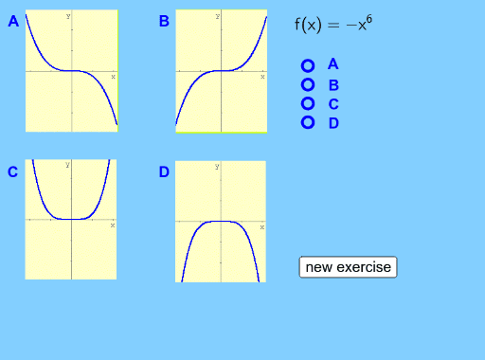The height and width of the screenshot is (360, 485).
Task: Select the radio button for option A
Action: click(307, 65)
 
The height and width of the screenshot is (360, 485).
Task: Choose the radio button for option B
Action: click(307, 84)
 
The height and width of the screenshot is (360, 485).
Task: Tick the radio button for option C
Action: click(307, 103)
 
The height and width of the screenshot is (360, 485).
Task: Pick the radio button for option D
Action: click(307, 122)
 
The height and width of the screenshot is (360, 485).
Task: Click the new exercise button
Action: click(348, 267)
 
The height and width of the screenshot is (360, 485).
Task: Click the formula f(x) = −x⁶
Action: click(332, 25)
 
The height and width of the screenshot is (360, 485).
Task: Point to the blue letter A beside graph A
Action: click(13, 21)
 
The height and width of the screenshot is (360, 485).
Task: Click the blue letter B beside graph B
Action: click(164, 21)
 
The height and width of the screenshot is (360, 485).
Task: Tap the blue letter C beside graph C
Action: click(13, 171)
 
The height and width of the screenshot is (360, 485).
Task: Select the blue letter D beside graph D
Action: click(164, 171)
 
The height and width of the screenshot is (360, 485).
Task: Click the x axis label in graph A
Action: click(113, 76)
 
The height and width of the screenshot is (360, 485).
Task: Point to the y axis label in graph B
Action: click(217, 16)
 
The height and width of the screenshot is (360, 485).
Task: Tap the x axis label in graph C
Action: click(113, 225)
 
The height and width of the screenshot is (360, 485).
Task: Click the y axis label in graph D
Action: click(217, 166)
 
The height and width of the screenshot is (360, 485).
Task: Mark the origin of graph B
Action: click(222, 70)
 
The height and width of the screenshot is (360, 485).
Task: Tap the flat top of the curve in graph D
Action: click(221, 221)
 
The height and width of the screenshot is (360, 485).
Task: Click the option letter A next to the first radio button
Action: click(333, 64)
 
